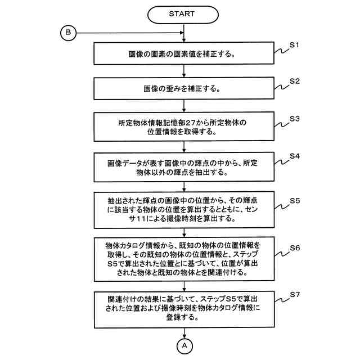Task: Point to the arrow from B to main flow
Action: (129, 33)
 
